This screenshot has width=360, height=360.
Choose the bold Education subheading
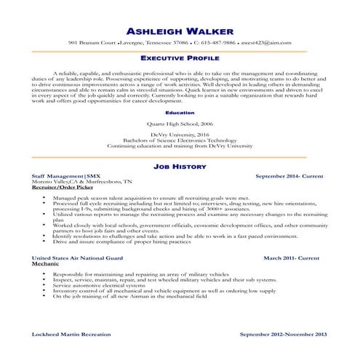[180, 113]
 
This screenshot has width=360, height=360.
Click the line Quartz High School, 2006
[180, 124]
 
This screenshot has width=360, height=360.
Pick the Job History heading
[180, 166]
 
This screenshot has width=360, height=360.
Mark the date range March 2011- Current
[291, 258]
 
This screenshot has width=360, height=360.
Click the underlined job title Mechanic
[45, 263]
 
